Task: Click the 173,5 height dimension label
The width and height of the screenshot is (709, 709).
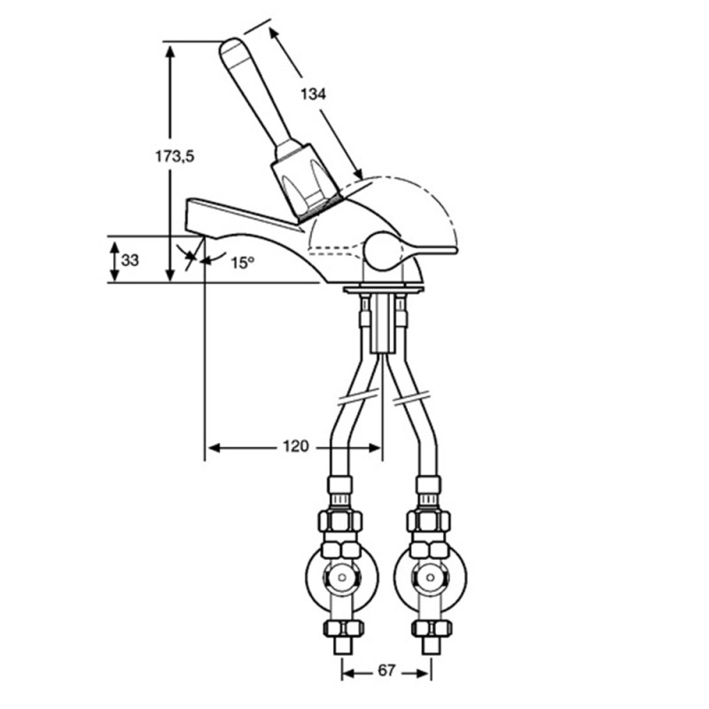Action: (175, 157)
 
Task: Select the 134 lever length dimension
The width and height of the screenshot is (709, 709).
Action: (313, 94)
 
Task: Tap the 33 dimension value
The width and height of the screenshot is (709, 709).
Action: (129, 261)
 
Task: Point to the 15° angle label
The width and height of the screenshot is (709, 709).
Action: (243, 262)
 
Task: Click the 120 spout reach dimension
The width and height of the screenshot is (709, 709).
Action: (296, 447)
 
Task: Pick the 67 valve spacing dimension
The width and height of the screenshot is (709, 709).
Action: (386, 671)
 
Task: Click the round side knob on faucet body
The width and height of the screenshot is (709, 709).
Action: (383, 252)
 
